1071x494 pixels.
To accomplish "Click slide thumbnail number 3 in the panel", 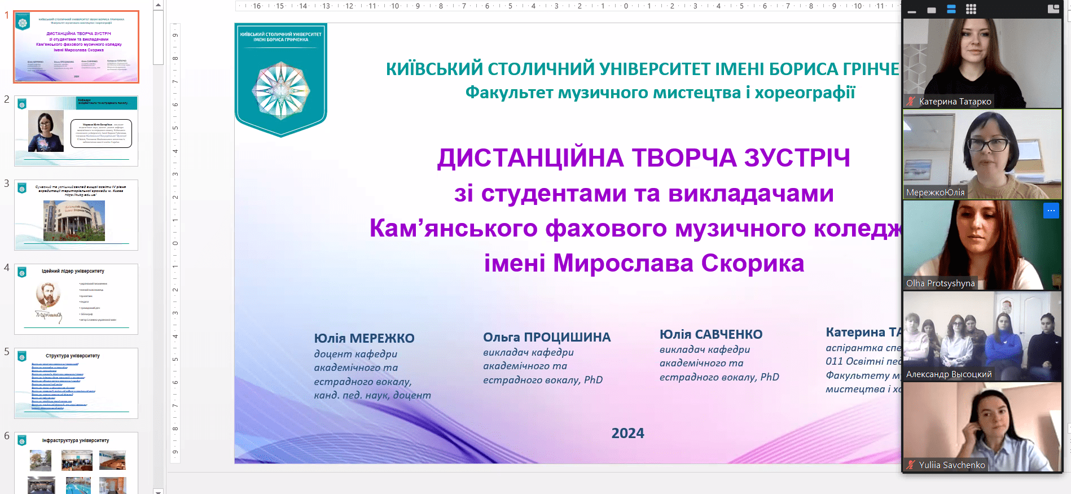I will coord(76,215).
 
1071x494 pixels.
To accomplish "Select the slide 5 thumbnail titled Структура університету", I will coord(76,383).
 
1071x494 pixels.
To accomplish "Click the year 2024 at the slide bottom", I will coord(627,433).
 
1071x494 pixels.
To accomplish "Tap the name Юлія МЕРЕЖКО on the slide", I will coord(364,338).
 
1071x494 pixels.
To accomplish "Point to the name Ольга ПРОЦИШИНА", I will coord(546,337).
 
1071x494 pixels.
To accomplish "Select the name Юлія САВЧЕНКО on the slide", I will coord(710,334).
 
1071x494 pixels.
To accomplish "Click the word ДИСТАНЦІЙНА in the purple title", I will coord(530,158).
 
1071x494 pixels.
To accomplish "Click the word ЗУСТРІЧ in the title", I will coord(797,158).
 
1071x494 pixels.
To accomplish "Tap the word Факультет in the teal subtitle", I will coord(508,93).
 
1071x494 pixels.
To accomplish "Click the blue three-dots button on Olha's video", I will coord(1051,211).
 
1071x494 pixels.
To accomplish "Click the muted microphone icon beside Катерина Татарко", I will coord(911,102).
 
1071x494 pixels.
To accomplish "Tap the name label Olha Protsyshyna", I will coord(940,283).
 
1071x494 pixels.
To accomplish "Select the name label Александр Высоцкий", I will coord(949,374).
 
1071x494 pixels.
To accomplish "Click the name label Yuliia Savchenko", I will coord(951,465).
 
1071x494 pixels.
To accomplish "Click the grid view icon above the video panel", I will coord(971,9).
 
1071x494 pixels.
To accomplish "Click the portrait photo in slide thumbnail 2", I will coord(46,131).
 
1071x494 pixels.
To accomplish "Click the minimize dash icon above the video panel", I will coord(911,11).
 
